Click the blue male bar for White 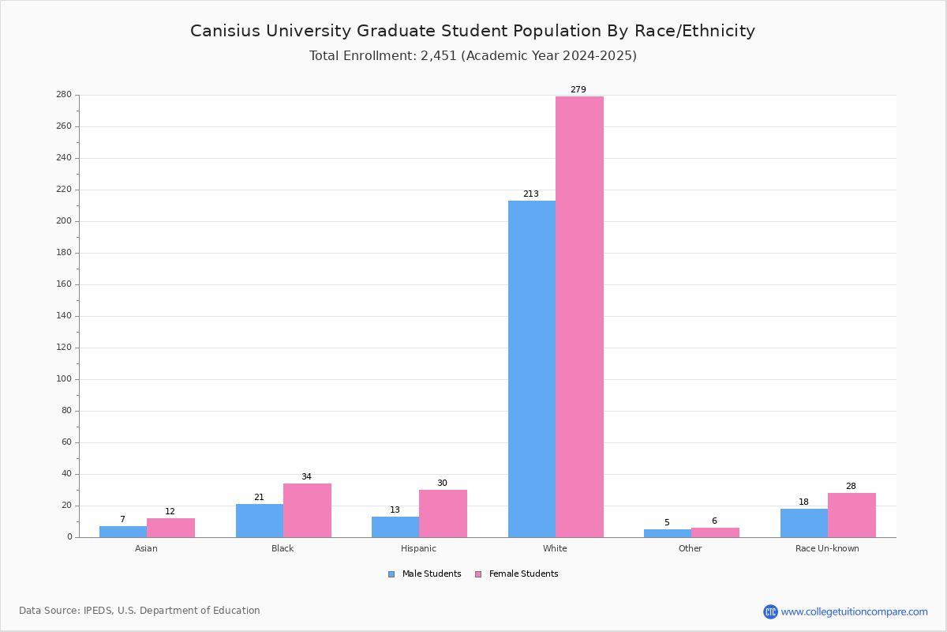pyautogui.click(x=532, y=369)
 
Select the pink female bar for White pyautogui.click(x=579, y=317)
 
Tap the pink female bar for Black pyautogui.click(x=307, y=510)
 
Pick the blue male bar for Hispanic pyautogui.click(x=395, y=527)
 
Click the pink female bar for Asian pyautogui.click(x=170, y=528)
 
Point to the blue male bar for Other pyautogui.click(x=668, y=533)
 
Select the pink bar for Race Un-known pyautogui.click(x=852, y=515)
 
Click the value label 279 pyautogui.click(x=578, y=89)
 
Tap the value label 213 pyautogui.click(x=531, y=194)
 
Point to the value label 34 pyautogui.click(x=306, y=476)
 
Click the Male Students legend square pyautogui.click(x=391, y=574)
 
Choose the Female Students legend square pyautogui.click(x=478, y=574)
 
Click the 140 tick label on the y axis pyautogui.click(x=64, y=316)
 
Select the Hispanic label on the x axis pyautogui.click(x=418, y=548)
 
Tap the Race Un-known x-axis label pyautogui.click(x=827, y=548)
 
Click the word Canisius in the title pyautogui.click(x=226, y=31)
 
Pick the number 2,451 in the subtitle pyautogui.click(x=439, y=55)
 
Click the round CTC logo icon pyautogui.click(x=770, y=611)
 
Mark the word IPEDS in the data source pyautogui.click(x=98, y=611)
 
